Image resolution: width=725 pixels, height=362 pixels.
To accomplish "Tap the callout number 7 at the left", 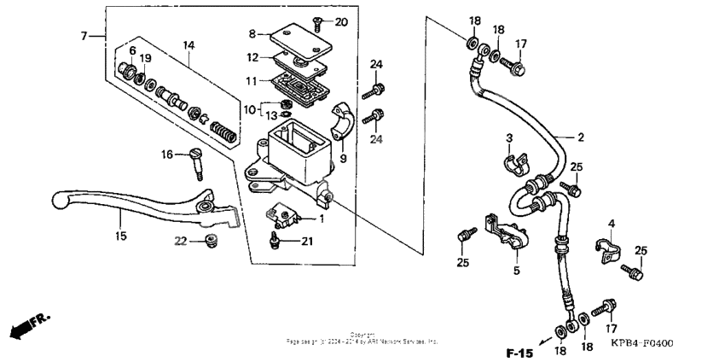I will tap(84, 36).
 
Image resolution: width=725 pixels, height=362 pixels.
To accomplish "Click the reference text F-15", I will tap(519, 352).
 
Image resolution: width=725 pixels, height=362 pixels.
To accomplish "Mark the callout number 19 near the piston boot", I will tap(146, 58).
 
